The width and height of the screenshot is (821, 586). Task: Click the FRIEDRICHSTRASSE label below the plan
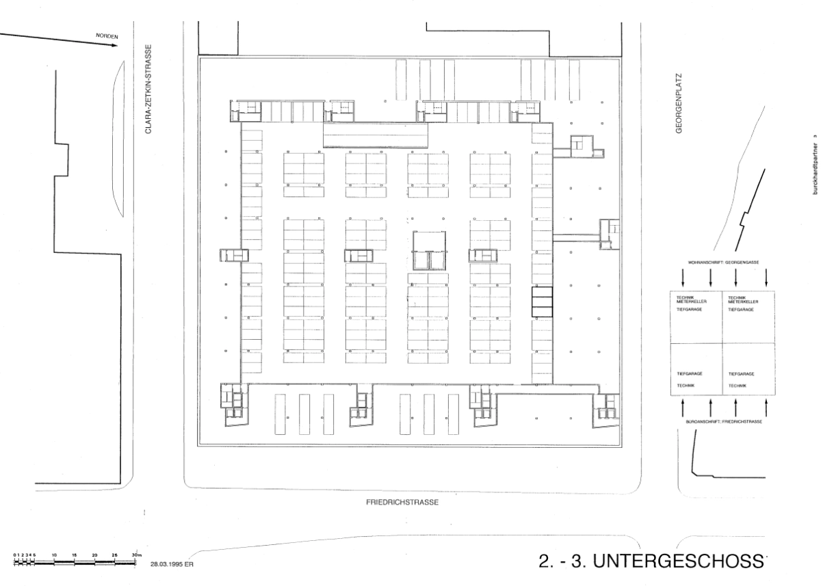tap(402, 501)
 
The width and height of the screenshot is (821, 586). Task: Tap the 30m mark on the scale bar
tap(135, 555)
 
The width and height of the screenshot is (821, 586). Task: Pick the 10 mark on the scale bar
tap(54, 555)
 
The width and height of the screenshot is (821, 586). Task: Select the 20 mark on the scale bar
tap(94, 555)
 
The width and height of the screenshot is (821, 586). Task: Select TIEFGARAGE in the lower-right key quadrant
tap(741, 375)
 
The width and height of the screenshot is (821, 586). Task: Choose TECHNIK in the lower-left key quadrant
tap(686, 386)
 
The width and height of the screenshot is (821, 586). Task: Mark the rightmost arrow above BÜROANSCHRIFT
tap(766, 407)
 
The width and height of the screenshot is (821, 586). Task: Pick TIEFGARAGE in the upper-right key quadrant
tap(741, 310)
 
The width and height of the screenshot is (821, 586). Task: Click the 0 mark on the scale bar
tap(14, 555)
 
